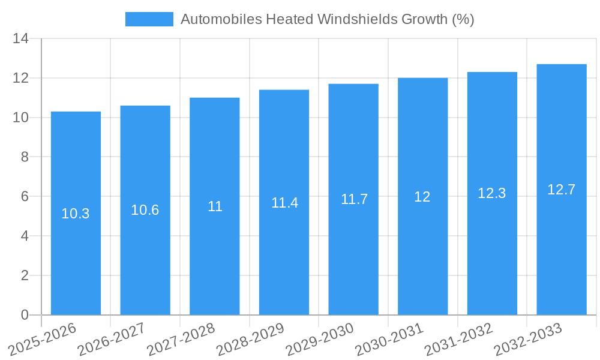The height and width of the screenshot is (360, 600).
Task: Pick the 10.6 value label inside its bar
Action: pyautogui.click(x=145, y=210)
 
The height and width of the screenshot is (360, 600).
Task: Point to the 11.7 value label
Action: pyautogui.click(x=354, y=199)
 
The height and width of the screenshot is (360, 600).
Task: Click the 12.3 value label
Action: pyautogui.click(x=492, y=193)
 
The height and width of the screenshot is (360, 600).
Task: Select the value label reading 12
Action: pyautogui.click(x=422, y=197)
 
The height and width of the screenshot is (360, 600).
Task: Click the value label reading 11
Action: pyautogui.click(x=215, y=206)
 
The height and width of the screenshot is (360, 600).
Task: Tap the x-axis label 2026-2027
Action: pyautogui.click(x=112, y=340)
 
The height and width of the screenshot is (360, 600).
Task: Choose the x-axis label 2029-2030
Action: pyautogui.click(x=320, y=340)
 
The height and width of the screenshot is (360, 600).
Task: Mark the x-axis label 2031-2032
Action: pyautogui.click(x=459, y=340)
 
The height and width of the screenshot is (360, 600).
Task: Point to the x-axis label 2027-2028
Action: pyautogui.click(x=181, y=340)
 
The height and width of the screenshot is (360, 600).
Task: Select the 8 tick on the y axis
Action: pyautogui.click(x=25, y=157)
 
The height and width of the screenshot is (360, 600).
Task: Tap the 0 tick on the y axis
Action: pyautogui.click(x=25, y=315)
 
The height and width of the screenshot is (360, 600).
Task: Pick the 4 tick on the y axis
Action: pyautogui.click(x=25, y=236)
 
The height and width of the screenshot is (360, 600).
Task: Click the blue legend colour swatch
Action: pyautogui.click(x=149, y=19)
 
